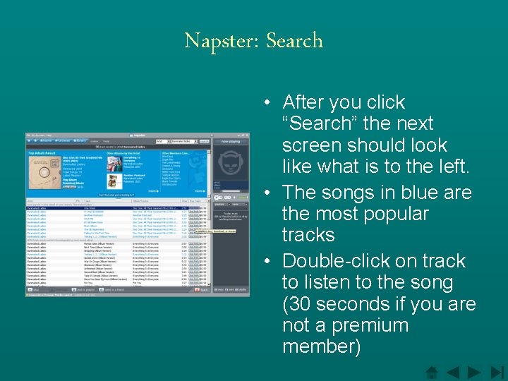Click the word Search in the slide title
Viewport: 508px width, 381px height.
pos(294,41)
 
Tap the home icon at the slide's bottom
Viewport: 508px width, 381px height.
pos(433,372)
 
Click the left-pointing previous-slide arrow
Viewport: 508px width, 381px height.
pos(453,372)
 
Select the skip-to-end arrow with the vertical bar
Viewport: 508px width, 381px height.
pos(497,372)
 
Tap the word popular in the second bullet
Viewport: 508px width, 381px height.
pos(390,213)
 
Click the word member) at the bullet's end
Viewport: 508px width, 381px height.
pos(322,346)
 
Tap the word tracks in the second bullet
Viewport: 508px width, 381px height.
pos(308,234)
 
